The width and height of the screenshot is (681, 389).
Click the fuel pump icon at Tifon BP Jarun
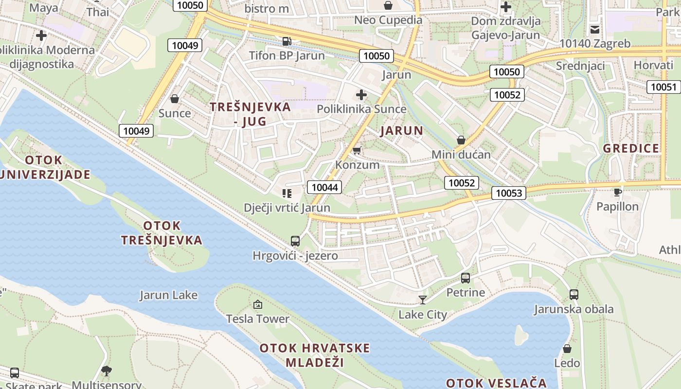(x=287, y=41)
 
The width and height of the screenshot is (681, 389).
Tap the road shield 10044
(x=324, y=187)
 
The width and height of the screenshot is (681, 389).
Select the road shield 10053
(x=509, y=193)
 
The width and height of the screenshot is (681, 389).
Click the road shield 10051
(x=663, y=87)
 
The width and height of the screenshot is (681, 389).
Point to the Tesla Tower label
(x=258, y=319)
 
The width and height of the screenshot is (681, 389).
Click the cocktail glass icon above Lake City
(x=422, y=300)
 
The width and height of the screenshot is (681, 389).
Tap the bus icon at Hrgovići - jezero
(x=295, y=241)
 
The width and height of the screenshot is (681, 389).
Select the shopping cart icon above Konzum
(x=357, y=151)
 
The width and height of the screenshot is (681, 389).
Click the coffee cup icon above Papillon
(x=618, y=192)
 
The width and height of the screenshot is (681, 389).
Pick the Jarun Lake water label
(x=168, y=295)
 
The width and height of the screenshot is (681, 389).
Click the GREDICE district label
(x=631, y=148)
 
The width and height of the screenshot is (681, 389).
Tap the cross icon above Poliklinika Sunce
(x=361, y=94)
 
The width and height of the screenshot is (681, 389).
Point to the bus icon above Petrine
(x=466, y=278)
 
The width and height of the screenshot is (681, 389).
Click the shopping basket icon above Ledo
(x=567, y=349)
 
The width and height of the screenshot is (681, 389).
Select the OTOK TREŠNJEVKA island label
(x=161, y=233)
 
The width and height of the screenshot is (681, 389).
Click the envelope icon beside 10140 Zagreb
(x=594, y=30)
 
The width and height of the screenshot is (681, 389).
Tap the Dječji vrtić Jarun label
(x=287, y=208)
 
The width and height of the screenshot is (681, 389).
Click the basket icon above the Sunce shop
(x=175, y=99)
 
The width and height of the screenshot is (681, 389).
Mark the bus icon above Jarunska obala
(x=574, y=294)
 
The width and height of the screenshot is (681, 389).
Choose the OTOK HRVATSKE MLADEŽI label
(x=315, y=355)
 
